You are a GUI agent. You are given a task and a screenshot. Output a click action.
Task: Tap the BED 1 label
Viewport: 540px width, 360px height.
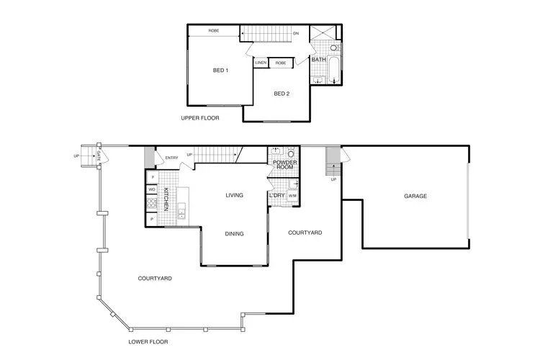[220, 71]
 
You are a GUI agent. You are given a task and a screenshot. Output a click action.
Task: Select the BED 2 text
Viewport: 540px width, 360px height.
[282, 94]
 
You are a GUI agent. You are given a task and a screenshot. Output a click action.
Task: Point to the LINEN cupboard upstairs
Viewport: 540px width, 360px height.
[261, 63]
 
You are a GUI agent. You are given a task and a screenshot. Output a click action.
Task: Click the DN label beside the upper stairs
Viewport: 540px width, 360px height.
[296, 33]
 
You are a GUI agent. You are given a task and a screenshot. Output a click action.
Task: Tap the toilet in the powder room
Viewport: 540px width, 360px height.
[291, 153]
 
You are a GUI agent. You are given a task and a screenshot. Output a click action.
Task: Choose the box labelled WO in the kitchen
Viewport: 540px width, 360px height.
[153, 190]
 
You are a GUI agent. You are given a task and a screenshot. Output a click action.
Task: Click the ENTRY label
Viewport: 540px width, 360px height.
[171, 158]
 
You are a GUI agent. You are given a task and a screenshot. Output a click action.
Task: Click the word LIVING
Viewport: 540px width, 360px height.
[234, 195]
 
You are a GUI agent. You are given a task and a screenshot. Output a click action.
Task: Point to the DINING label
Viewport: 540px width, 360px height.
[234, 233]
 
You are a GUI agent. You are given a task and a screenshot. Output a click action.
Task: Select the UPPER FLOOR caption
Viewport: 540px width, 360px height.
[200, 118]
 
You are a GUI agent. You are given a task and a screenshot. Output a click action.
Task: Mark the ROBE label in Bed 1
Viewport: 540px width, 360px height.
[214, 31]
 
